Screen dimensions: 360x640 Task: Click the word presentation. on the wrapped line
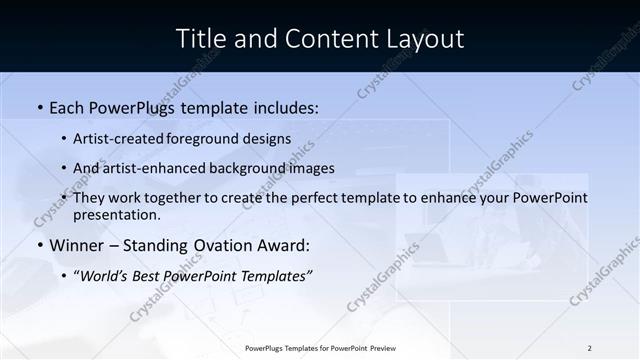[116, 215]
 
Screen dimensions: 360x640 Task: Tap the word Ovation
[235, 245]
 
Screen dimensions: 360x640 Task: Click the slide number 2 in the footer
[590, 348]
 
